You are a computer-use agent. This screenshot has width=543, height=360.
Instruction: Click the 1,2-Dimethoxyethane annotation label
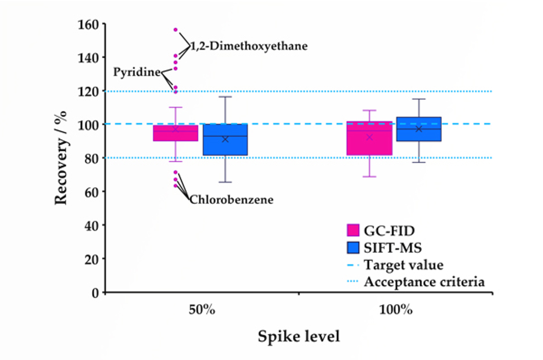tap(249, 46)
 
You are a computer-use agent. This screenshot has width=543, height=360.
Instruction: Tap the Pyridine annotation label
tap(137, 72)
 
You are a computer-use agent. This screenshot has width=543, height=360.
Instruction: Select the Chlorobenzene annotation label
tap(231, 200)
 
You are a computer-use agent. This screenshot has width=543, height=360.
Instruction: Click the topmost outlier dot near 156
tap(175, 30)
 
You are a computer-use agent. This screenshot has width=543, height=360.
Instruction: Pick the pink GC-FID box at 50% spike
tap(175, 133)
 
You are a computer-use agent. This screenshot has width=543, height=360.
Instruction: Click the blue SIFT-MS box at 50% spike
tap(225, 140)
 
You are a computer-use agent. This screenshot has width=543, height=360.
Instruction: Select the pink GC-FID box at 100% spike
tap(369, 138)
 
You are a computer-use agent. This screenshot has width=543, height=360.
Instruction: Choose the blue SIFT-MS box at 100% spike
tap(419, 129)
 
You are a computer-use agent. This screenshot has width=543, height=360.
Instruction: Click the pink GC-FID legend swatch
tap(353, 230)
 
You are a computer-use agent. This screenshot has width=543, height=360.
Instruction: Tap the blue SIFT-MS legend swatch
tap(353, 247)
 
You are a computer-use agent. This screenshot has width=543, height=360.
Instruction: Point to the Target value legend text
tap(404, 265)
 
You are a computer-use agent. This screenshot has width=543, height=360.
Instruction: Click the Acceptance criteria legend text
tap(424, 282)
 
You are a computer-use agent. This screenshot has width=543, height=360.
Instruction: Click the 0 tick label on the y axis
tap(95, 293)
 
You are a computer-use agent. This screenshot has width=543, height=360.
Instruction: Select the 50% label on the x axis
tap(202, 310)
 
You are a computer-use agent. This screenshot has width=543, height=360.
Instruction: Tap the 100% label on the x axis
tap(396, 310)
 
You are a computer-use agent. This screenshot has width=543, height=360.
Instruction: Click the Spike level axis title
tap(299, 336)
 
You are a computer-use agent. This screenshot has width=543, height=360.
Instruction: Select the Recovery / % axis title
tap(61, 158)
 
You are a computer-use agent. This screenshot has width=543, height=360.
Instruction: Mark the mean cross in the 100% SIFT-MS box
tap(419, 129)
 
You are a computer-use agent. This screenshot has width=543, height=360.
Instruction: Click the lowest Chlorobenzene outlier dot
tap(175, 186)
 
